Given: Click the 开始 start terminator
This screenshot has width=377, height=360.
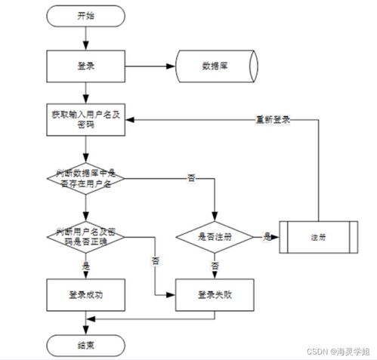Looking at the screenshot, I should coord(85,15).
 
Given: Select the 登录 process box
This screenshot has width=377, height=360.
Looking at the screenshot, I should coord(85,66).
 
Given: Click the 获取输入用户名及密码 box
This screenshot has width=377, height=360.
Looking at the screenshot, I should coord(85,118).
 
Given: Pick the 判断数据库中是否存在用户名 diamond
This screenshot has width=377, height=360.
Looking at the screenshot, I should coord(85,179).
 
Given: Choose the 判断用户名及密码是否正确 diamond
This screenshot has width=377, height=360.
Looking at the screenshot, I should coord(85,235).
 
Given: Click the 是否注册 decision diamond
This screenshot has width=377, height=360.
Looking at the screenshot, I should coord(215,236).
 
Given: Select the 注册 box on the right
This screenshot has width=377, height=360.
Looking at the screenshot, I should coord(317,236).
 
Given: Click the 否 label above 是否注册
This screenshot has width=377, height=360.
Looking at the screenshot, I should coord(191,178).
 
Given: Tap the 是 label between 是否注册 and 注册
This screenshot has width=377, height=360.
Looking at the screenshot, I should coord(267,236).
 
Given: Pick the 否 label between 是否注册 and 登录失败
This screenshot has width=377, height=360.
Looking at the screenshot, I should coord(215,266).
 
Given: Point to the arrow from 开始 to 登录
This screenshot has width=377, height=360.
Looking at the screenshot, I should coord(85,38).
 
